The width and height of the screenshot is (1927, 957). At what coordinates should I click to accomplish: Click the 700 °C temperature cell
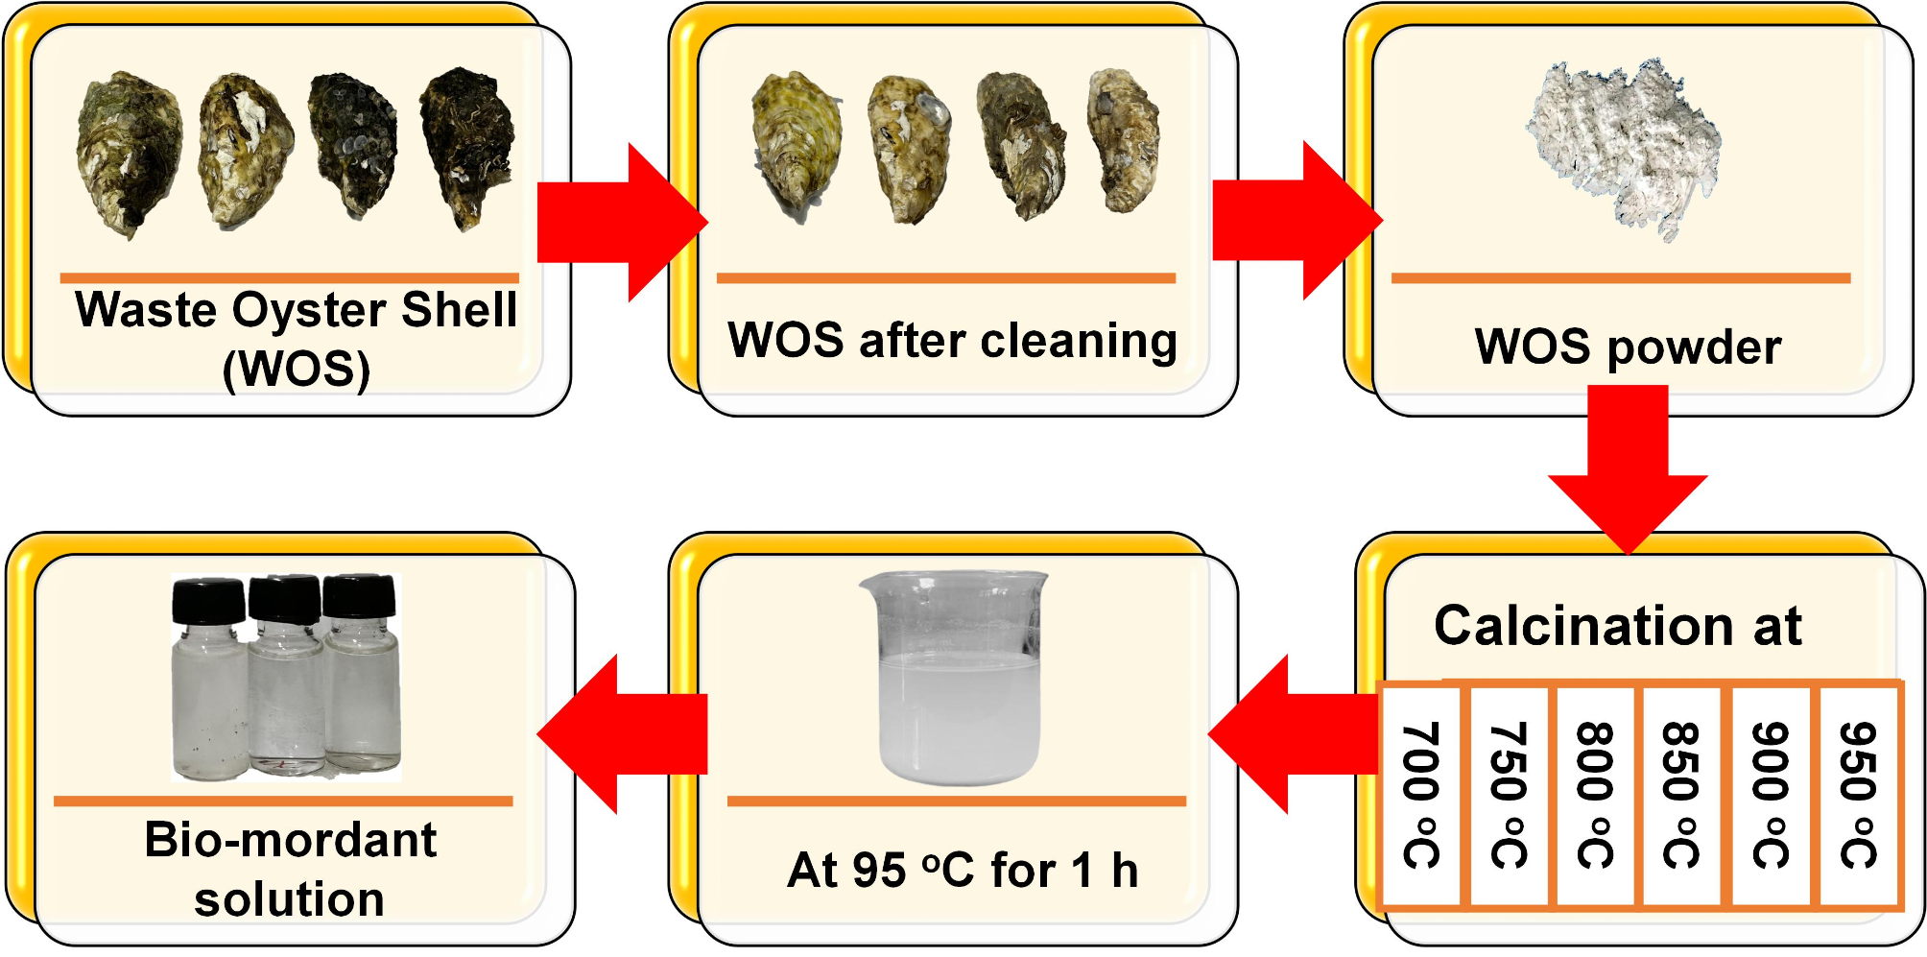(x=1421, y=795)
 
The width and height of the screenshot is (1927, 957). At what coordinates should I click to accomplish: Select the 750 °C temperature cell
(x=1509, y=795)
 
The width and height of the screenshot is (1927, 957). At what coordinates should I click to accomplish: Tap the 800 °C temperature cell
(x=1596, y=795)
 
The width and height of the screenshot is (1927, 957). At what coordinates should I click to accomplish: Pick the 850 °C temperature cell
(x=1682, y=795)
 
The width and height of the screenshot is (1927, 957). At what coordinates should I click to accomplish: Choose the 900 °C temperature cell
(x=1772, y=795)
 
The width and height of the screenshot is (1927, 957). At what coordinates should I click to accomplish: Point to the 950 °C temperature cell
(x=1859, y=795)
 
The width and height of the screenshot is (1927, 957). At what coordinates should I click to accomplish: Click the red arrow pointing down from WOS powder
(x=1628, y=470)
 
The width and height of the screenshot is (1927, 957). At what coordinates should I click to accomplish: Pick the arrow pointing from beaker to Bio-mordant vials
(x=624, y=734)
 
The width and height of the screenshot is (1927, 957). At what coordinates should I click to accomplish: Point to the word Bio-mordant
(x=291, y=840)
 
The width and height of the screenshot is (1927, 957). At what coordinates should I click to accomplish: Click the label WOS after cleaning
(x=952, y=341)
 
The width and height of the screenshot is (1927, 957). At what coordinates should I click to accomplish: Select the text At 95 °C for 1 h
(x=963, y=871)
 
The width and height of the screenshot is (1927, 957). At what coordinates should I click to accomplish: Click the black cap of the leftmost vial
(x=208, y=600)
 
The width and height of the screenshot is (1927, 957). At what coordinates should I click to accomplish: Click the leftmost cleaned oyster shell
(x=797, y=144)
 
